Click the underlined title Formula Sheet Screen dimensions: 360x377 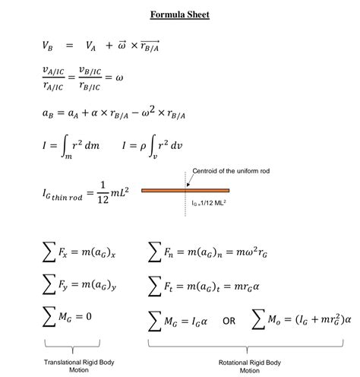pos(179,15)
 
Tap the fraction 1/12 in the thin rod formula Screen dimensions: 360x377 pos(103,193)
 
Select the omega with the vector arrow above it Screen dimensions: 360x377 pos(121,46)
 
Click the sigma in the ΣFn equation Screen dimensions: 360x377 pos(156,252)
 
